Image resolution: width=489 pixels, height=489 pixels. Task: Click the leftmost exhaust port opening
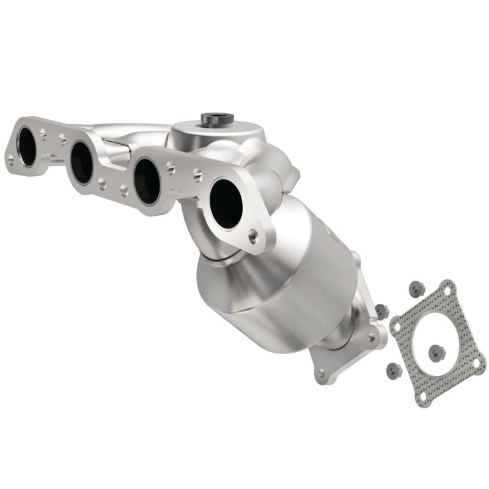(27, 147)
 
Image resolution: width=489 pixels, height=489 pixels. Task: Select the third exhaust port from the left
(147, 181)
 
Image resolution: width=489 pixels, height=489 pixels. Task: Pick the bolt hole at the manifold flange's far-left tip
(10, 161)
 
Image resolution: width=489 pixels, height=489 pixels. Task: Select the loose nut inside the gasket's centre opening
(436, 352)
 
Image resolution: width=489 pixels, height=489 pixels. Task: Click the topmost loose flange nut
(416, 288)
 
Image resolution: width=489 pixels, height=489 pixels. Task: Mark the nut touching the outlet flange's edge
(382, 311)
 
